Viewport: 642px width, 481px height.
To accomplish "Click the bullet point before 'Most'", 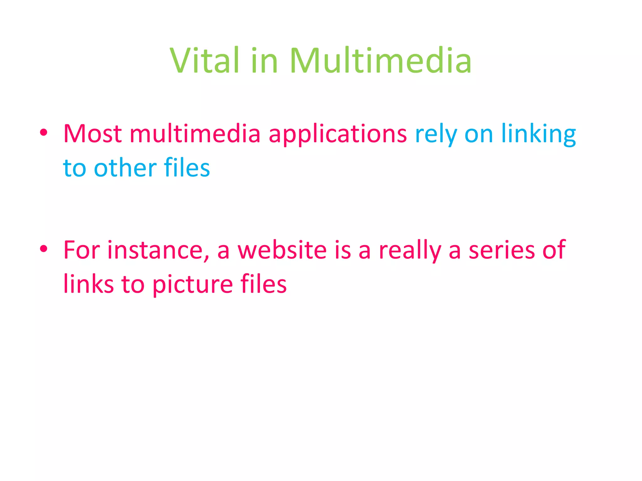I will pos(44,133).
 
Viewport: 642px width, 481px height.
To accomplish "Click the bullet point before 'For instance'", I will pos(44,249).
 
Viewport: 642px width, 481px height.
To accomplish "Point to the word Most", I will pos(92,134).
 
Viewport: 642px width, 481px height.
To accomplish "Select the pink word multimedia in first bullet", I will pos(195,134).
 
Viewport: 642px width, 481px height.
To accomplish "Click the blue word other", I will pos(125,168).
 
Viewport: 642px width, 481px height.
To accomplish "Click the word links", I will pos(88,284).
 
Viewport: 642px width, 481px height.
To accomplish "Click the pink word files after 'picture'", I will pos(263,284).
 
